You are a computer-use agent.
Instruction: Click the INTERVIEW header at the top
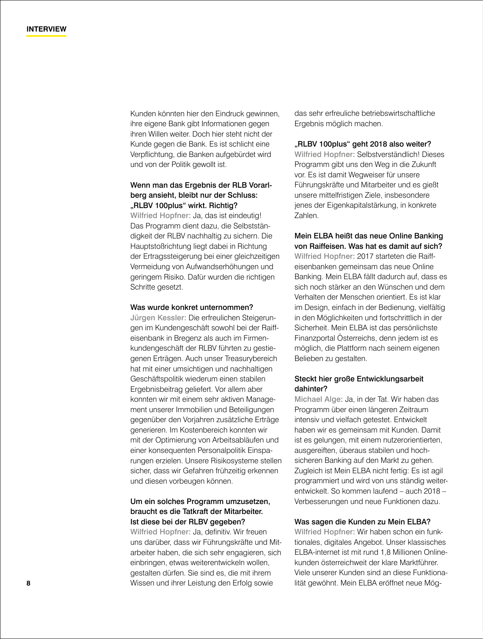click(46, 29)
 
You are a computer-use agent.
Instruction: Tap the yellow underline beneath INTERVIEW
click(46, 36)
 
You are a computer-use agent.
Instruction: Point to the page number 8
click(28, 583)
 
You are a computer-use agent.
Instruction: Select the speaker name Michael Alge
click(318, 399)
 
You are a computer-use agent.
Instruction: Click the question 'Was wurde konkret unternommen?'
click(192, 308)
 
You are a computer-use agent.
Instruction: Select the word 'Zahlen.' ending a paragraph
click(306, 215)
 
